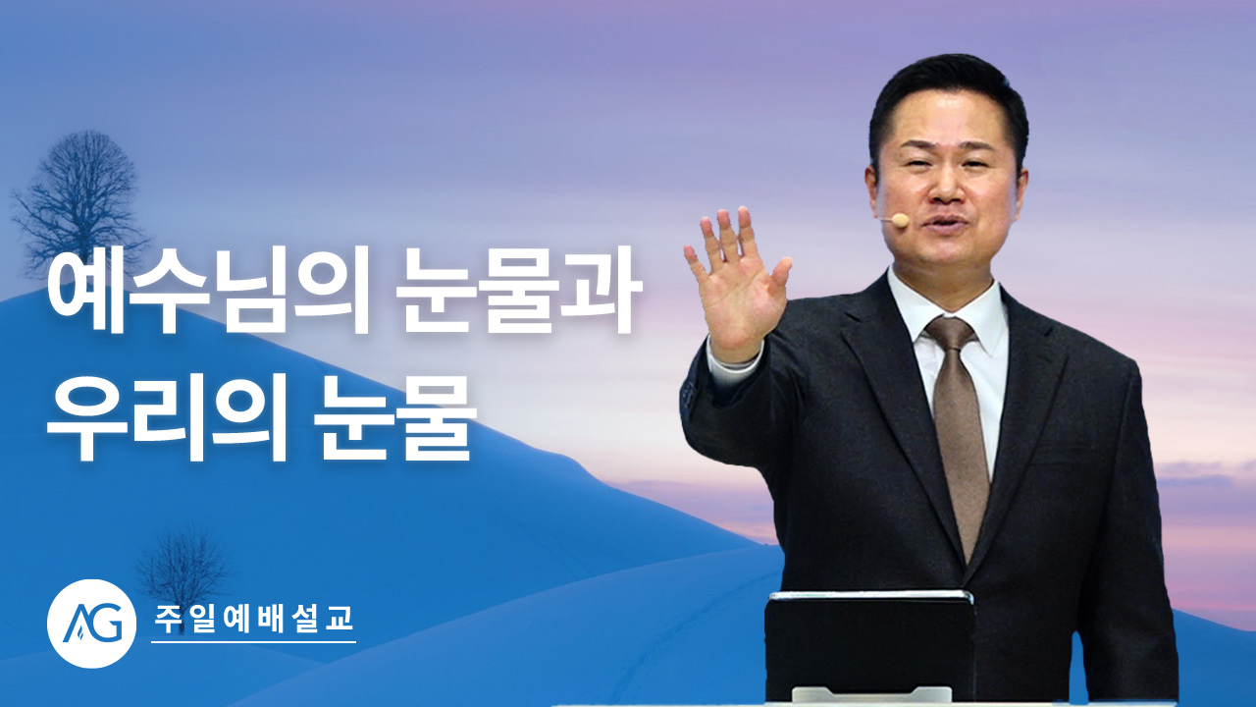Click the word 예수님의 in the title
click(x=208, y=290)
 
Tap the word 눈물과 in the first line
click(x=518, y=290)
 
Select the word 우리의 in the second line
click(x=167, y=418)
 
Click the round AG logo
click(x=91, y=624)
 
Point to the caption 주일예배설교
click(x=253, y=619)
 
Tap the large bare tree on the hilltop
click(x=78, y=203)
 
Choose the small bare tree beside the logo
click(x=183, y=567)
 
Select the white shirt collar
click(x=948, y=308)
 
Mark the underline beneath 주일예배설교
click(x=253, y=642)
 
